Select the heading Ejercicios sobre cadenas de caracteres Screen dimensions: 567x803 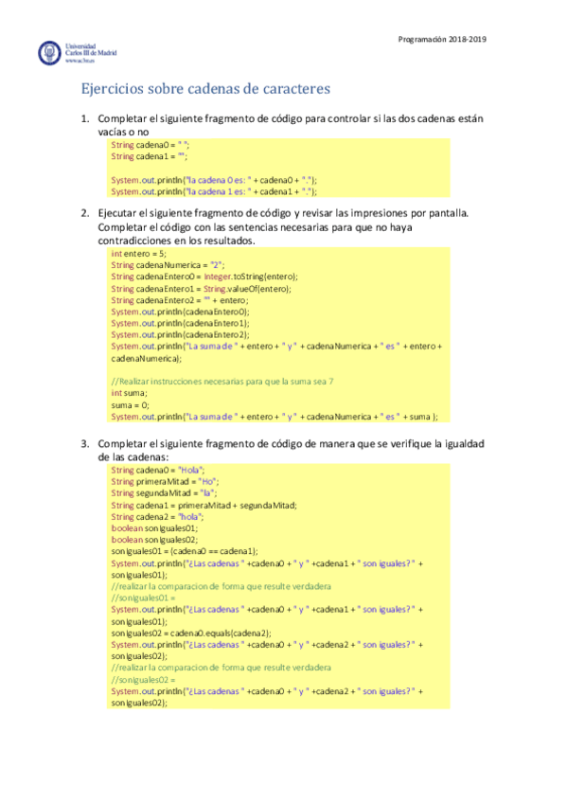(x=204, y=90)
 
